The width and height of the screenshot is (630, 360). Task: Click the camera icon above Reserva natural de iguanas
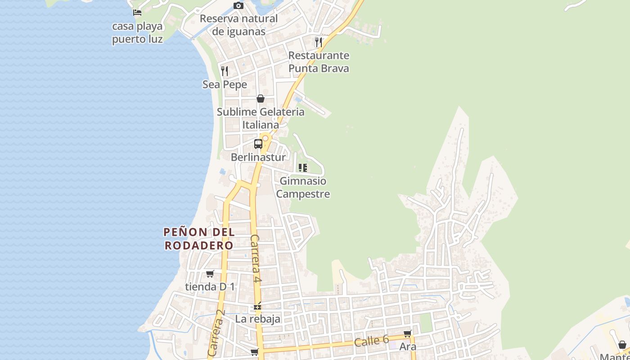(238, 6)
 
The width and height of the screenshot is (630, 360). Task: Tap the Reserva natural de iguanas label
(238, 25)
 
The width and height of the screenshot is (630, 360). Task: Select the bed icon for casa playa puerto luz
(137, 13)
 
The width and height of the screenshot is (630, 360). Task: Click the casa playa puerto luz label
(137, 33)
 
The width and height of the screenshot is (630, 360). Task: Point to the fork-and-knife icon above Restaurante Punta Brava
(319, 42)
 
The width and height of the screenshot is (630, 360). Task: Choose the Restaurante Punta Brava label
(319, 62)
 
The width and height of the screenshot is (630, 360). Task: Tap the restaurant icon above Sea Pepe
(225, 71)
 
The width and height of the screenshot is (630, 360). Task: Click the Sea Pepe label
(225, 85)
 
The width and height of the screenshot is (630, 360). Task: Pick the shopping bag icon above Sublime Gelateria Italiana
(261, 99)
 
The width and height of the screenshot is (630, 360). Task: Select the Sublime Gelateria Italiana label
(261, 118)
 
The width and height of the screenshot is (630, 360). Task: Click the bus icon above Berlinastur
(258, 144)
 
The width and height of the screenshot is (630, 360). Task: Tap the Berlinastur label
(258, 157)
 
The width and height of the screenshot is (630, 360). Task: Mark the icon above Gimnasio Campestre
(303, 168)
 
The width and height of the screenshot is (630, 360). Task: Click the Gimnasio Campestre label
(303, 188)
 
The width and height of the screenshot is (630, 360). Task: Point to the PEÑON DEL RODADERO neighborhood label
(199, 239)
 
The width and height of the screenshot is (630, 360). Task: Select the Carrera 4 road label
(256, 259)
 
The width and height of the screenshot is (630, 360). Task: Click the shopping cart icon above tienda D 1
(210, 274)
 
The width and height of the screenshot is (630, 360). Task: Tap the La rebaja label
(258, 319)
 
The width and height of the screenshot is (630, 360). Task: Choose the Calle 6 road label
(371, 341)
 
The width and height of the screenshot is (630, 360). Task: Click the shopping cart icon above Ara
(408, 334)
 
